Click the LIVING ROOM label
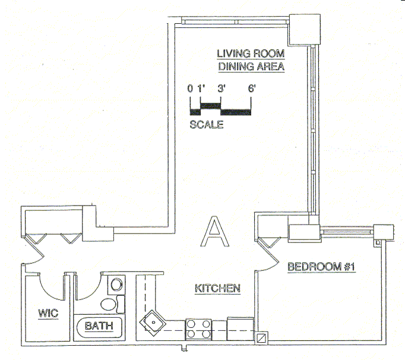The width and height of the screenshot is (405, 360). [x=251, y=53]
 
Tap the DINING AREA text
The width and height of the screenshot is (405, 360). [x=251, y=67]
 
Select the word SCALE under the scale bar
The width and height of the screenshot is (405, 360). [x=207, y=125]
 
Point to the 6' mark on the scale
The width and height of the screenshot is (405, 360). [x=252, y=89]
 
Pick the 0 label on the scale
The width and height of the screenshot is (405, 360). [x=190, y=89]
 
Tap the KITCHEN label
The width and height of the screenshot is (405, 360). [x=217, y=289]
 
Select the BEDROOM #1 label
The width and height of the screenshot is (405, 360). [x=321, y=267]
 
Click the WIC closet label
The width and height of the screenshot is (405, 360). [x=48, y=313]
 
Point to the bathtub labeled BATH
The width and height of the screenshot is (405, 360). [x=100, y=326]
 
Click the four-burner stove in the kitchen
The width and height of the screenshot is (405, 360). [x=199, y=329]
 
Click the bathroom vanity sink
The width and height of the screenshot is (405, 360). [x=109, y=304]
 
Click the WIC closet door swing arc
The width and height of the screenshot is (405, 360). [x=52, y=285]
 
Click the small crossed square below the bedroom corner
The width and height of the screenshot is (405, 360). [x=261, y=337]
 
